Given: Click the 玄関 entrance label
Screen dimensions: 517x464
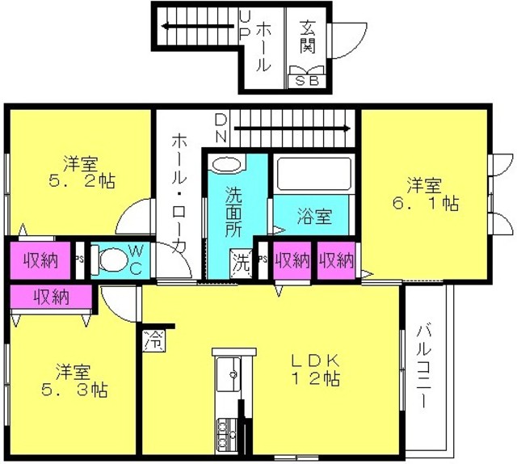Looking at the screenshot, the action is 308,37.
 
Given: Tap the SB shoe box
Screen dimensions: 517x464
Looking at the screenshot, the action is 307,81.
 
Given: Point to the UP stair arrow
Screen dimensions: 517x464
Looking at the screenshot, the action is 199,26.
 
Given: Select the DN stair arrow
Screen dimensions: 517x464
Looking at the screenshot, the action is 292,129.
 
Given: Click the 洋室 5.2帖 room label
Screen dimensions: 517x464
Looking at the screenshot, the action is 82,172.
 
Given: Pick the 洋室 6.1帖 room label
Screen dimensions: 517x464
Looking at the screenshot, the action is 426,195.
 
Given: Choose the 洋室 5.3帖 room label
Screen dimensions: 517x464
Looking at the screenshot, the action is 74,381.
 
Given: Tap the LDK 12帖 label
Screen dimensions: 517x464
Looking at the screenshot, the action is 316,370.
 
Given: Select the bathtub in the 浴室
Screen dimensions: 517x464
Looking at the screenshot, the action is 314,174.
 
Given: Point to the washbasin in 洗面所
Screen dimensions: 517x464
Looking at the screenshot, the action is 227,164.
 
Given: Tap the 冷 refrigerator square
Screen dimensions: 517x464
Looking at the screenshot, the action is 154,340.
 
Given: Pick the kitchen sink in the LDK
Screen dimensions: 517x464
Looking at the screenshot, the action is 229,374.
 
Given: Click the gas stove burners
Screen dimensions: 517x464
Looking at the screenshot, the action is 226,434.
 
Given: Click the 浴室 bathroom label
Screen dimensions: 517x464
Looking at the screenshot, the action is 314,217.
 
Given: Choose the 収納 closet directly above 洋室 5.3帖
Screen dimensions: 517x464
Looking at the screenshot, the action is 52,297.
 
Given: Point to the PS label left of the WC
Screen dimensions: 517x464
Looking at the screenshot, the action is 79,259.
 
